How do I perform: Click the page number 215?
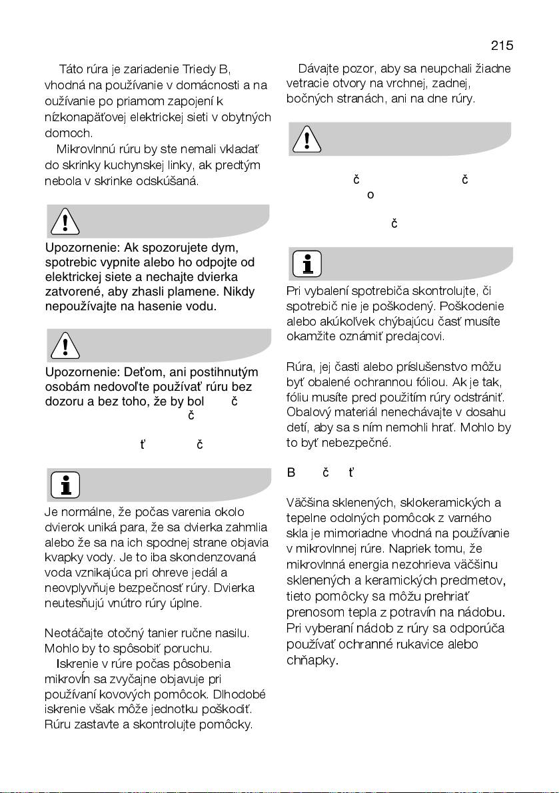502,46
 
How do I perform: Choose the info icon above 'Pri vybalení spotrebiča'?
306,264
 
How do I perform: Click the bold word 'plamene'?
201,292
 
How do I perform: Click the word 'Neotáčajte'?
74,633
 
